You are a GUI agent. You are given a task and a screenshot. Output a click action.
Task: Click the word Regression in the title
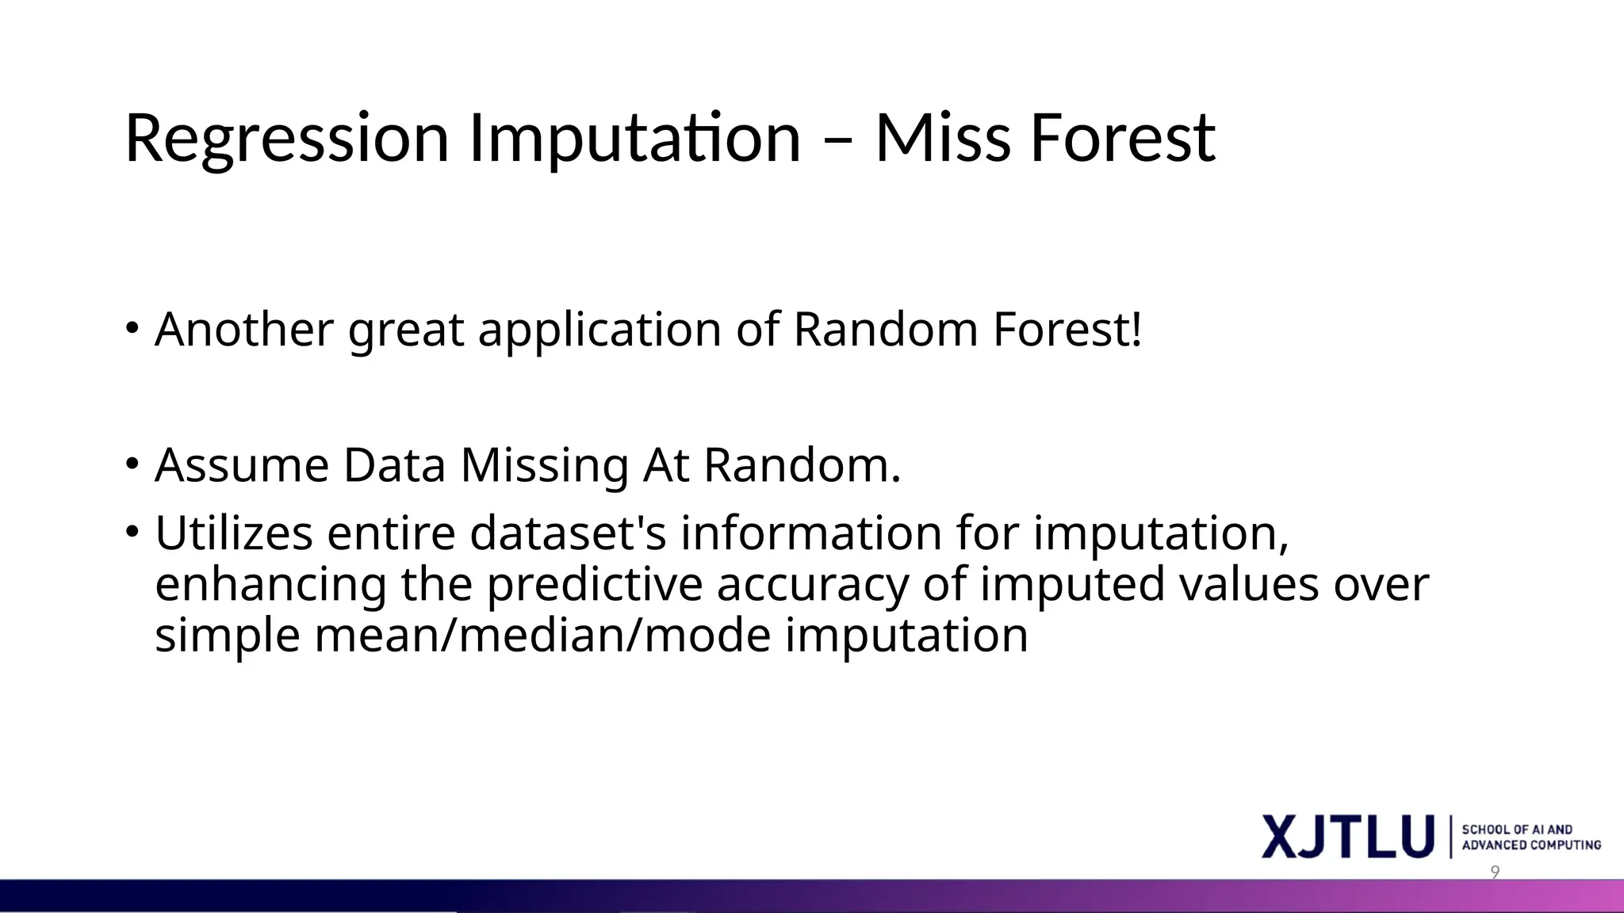click(x=287, y=139)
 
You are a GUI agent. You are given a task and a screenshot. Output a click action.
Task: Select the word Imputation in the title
click(x=635, y=139)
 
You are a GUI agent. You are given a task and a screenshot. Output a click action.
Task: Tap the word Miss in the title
click(x=943, y=139)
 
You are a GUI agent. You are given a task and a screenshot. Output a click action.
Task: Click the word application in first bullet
click(x=599, y=330)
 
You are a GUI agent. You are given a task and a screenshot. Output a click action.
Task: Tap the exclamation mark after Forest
click(x=1136, y=329)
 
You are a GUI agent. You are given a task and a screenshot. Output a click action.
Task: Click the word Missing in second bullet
click(x=545, y=467)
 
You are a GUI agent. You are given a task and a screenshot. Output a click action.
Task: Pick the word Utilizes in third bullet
click(x=234, y=533)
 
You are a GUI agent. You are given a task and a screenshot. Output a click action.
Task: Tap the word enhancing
click(x=270, y=586)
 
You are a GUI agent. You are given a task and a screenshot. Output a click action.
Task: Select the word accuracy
click(x=812, y=586)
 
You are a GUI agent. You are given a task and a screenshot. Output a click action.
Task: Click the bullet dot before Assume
click(x=132, y=464)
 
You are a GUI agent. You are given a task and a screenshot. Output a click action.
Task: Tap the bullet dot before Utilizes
click(x=132, y=531)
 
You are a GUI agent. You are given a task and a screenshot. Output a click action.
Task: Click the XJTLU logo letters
click(x=1348, y=837)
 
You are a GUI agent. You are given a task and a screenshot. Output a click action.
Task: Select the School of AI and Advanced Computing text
click(x=1530, y=837)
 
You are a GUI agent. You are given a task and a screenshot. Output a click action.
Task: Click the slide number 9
click(x=1495, y=873)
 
